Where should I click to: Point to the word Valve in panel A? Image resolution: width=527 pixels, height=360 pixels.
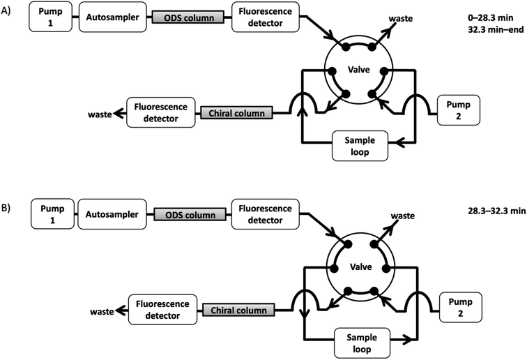[x=360, y=70]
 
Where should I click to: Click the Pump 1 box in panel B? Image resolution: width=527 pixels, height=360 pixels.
[x=51, y=214]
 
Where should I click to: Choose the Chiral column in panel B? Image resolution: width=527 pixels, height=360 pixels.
[x=236, y=309]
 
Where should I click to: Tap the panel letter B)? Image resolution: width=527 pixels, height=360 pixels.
[x=9, y=208]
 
